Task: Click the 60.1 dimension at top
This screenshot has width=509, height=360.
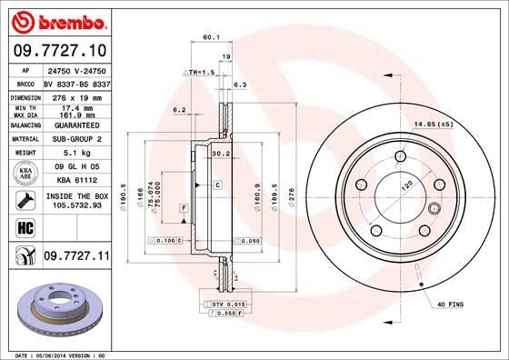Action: tap(211, 38)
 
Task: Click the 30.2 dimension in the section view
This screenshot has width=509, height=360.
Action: tap(220, 154)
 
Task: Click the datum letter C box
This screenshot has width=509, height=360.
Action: tap(219, 185)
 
